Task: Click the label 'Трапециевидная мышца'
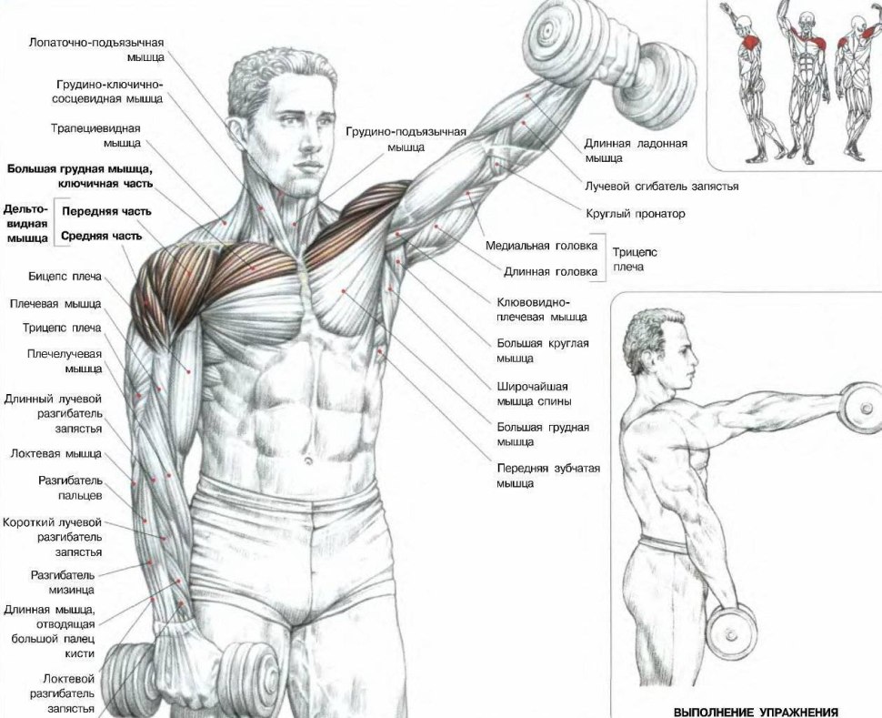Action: [95, 136]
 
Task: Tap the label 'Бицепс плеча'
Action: [65, 277]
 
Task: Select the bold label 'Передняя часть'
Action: [106, 212]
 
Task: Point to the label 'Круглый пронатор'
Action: [636, 214]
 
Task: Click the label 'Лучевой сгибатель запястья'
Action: [662, 187]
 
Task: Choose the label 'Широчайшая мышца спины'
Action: [534, 394]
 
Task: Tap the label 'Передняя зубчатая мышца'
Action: [548, 476]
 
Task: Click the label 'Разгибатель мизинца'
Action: [63, 582]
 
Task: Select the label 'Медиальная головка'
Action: [541, 246]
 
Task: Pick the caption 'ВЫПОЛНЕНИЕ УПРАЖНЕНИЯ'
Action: [756, 712]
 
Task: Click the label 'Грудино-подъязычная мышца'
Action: [406, 139]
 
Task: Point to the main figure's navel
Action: [307, 461]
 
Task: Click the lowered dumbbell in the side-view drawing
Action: [730, 633]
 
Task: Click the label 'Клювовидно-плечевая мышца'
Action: [541, 309]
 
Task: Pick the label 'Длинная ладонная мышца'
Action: [636, 150]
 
